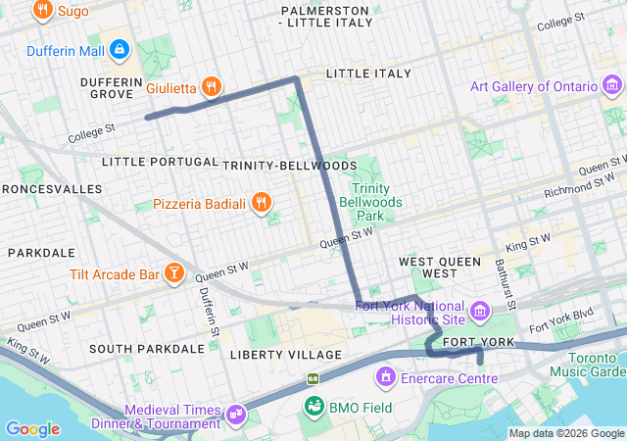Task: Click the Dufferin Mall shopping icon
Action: pyautogui.click(x=119, y=48)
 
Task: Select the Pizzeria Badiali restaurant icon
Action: pyautogui.click(x=261, y=203)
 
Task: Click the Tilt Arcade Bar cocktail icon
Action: pyautogui.click(x=173, y=273)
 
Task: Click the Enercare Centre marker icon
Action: pyautogui.click(x=386, y=376)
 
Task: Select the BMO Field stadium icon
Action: pyautogui.click(x=314, y=407)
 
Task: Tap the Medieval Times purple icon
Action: pyautogui.click(x=235, y=416)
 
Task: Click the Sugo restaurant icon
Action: pyautogui.click(x=42, y=12)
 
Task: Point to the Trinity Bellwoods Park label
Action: pyautogui.click(x=370, y=201)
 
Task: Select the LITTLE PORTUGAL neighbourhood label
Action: pyautogui.click(x=160, y=162)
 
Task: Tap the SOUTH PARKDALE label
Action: pyautogui.click(x=146, y=349)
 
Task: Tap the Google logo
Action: pyautogui.click(x=32, y=429)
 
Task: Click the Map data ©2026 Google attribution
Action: pyautogui.click(x=565, y=433)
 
